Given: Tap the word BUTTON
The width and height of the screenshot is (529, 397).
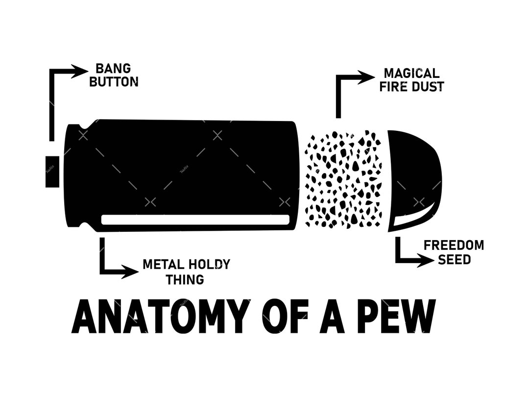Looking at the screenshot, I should pos(113,82).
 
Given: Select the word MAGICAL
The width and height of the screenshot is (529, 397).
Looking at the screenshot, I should pos(411,74).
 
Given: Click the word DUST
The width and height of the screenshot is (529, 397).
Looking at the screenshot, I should pos(428,87).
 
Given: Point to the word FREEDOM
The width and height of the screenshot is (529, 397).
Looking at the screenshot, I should pos(454,245).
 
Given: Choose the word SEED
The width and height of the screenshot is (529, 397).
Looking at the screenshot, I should pos(454,259).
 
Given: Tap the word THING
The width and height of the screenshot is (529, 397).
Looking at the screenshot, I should pos(185,279).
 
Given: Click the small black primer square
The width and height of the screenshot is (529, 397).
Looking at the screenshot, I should pos(52,171).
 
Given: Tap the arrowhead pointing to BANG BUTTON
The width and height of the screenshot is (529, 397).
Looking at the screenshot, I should pos(79,71).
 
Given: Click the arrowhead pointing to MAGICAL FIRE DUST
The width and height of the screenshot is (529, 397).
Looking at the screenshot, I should pos(366,77).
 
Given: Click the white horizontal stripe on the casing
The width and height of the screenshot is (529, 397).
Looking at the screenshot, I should pos(195,220).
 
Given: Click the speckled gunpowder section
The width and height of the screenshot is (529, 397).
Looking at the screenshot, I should pos(343,179).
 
